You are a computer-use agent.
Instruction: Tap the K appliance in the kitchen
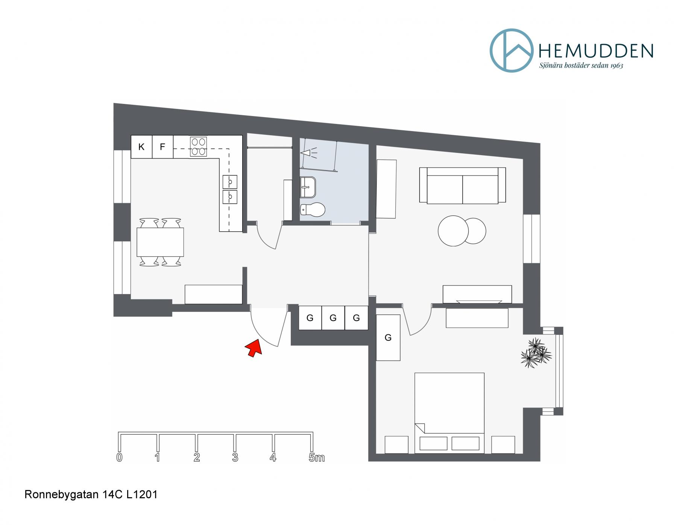pos(141,147)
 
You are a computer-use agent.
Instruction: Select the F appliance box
pos(162,147)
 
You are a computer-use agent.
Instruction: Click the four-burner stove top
pos(198,147)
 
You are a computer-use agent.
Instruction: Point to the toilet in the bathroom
pos(312,210)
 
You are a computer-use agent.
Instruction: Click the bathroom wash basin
pos(308,187)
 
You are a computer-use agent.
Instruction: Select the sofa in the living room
pos(462,185)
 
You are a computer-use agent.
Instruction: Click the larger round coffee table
pos(453,231)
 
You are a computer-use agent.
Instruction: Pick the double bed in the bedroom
pos(449,413)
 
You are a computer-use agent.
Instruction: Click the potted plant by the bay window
pos(536,353)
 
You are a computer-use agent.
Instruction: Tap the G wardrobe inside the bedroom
pos(388,338)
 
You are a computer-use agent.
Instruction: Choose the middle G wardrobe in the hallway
pos(333,318)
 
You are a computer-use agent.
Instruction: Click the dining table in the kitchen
pos(160,242)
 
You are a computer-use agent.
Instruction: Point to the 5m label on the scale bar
pos(316,458)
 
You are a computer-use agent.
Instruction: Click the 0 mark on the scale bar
pos(120,458)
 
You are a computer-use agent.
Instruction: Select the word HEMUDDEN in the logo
pos(596,51)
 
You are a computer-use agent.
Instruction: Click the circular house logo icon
pos(512,50)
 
